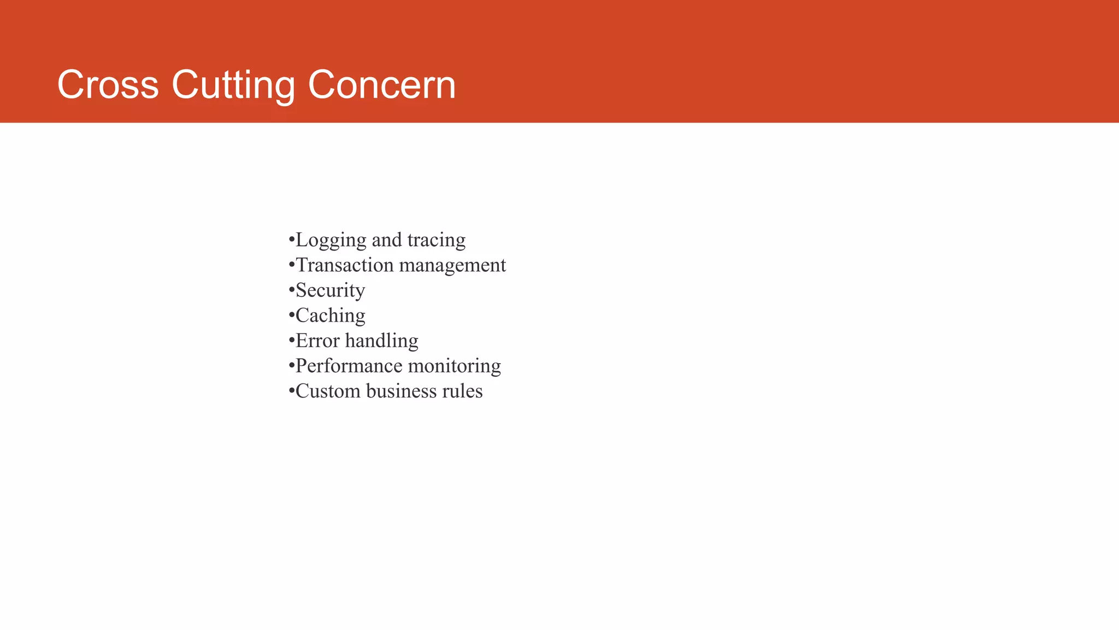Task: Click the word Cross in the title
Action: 108,85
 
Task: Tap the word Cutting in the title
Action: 233,85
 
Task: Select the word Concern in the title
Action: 381,85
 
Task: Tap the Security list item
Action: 330,290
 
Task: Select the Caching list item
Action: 330,316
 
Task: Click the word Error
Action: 317,341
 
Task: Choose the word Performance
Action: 349,366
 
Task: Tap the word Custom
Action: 328,391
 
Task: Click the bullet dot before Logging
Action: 291,240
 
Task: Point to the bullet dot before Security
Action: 291,290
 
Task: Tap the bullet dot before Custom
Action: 291,390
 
